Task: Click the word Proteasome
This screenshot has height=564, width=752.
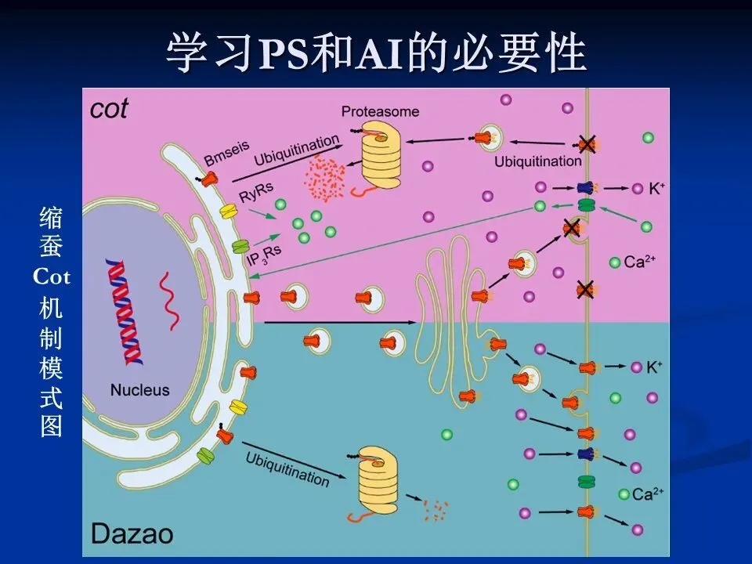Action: point(380,111)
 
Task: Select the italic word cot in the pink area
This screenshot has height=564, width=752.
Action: point(109,109)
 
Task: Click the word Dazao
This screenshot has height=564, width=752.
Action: point(132,534)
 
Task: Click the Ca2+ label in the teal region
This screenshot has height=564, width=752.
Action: point(648,494)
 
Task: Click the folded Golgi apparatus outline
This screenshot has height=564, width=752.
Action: point(450,313)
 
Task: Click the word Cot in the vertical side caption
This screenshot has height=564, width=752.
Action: point(52,277)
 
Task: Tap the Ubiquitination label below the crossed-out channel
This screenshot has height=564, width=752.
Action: point(538,161)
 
